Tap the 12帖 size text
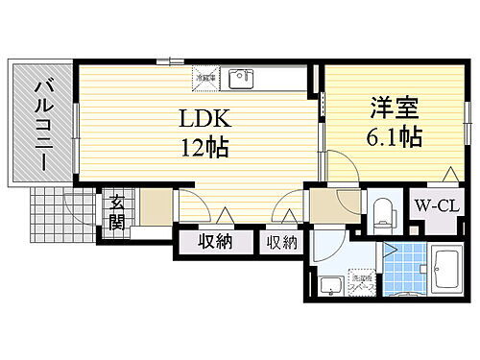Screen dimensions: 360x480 pos(202,149)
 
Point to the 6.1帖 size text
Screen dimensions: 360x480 pos(392,136)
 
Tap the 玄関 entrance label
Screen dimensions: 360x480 pos(115,213)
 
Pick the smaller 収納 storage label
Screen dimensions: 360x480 pos(282,242)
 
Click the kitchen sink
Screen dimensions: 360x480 pos(240,77)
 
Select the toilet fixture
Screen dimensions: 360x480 pos(383,210)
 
